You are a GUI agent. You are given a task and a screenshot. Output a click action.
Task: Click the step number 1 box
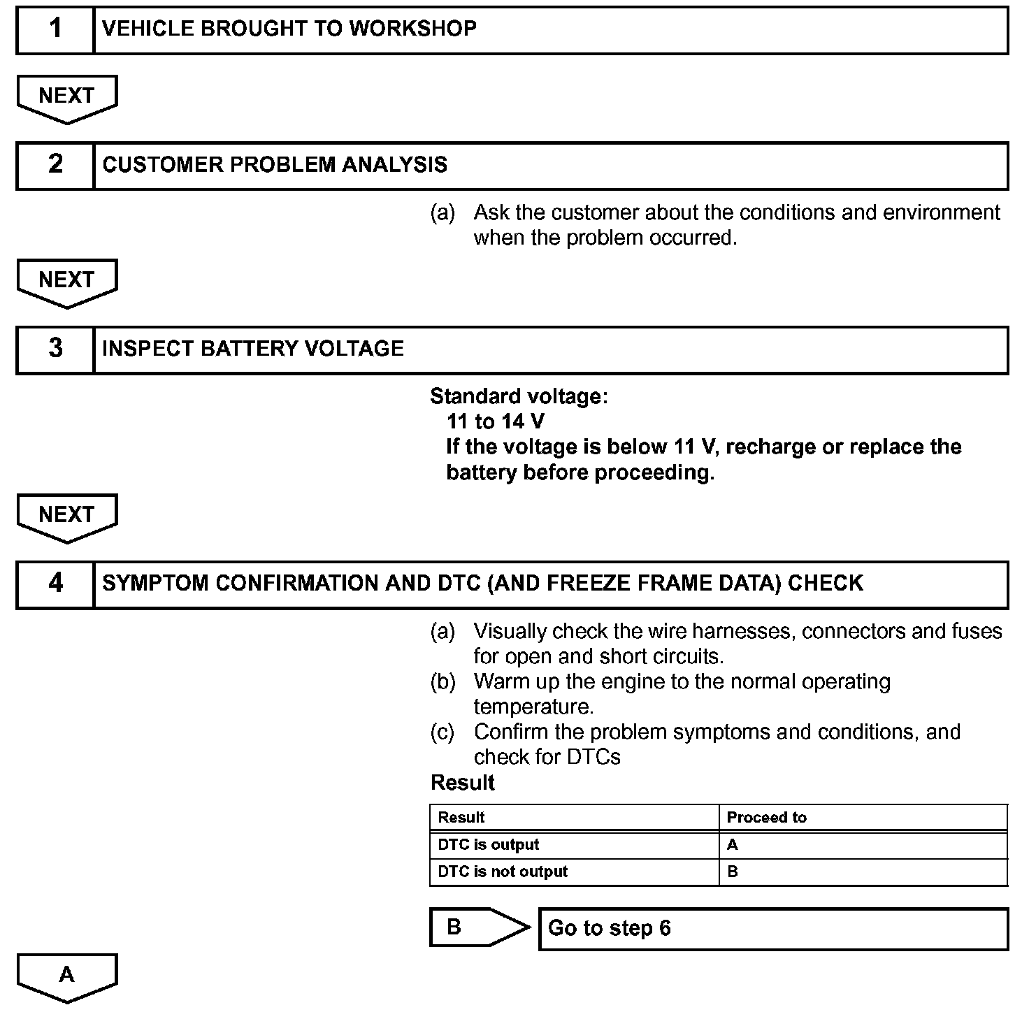click(x=55, y=30)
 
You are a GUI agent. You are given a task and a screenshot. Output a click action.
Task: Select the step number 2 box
click(x=55, y=166)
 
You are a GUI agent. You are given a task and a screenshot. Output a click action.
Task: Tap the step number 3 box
click(x=55, y=349)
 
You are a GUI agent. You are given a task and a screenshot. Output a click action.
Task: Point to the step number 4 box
click(x=55, y=584)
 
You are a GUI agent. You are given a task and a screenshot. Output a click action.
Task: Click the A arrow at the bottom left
click(x=67, y=976)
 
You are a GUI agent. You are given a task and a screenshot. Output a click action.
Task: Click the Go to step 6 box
click(x=773, y=929)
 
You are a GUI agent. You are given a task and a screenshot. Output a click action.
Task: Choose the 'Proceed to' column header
click(x=766, y=818)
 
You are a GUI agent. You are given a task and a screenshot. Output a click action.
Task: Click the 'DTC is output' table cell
click(x=489, y=845)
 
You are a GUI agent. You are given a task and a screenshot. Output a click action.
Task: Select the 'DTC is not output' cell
click(x=503, y=872)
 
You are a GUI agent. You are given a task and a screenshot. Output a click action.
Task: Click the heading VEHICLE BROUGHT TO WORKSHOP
click(x=289, y=29)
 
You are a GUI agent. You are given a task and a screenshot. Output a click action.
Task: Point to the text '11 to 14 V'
click(x=495, y=421)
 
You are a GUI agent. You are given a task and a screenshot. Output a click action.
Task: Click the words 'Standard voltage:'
click(x=519, y=396)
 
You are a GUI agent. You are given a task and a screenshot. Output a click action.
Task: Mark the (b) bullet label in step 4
click(x=442, y=681)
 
